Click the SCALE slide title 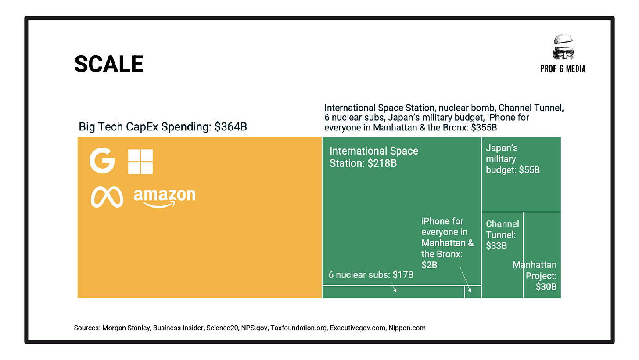click(109, 64)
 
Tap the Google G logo click(102, 160)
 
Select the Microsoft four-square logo click(140, 162)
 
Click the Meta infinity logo click(107, 197)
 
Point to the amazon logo click(165, 198)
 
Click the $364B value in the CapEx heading click(230, 126)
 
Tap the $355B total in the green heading click(484, 127)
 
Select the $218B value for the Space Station click(382, 163)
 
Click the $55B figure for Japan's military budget click(529, 170)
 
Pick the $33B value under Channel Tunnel click(496, 245)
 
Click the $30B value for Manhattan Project click(546, 287)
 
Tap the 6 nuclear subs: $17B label click(371, 275)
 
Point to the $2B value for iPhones click(429, 265)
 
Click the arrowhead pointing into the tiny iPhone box click(470, 291)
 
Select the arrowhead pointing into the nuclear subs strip click(395, 290)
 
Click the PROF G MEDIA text click(563, 69)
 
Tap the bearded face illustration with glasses click(564, 47)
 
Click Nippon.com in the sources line click(407, 328)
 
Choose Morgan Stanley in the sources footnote click(126, 328)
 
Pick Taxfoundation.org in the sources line click(298, 328)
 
